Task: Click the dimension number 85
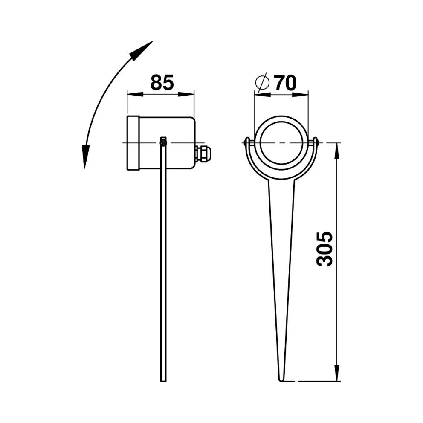[x=162, y=82]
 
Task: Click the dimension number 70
[x=285, y=83]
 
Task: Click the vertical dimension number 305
[x=324, y=249]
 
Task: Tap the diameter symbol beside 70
[x=262, y=83]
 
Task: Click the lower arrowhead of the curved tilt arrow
[x=85, y=156]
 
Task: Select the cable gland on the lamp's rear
[x=203, y=154]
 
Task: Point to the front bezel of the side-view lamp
[x=133, y=143]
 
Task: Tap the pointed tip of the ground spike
[x=281, y=380]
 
